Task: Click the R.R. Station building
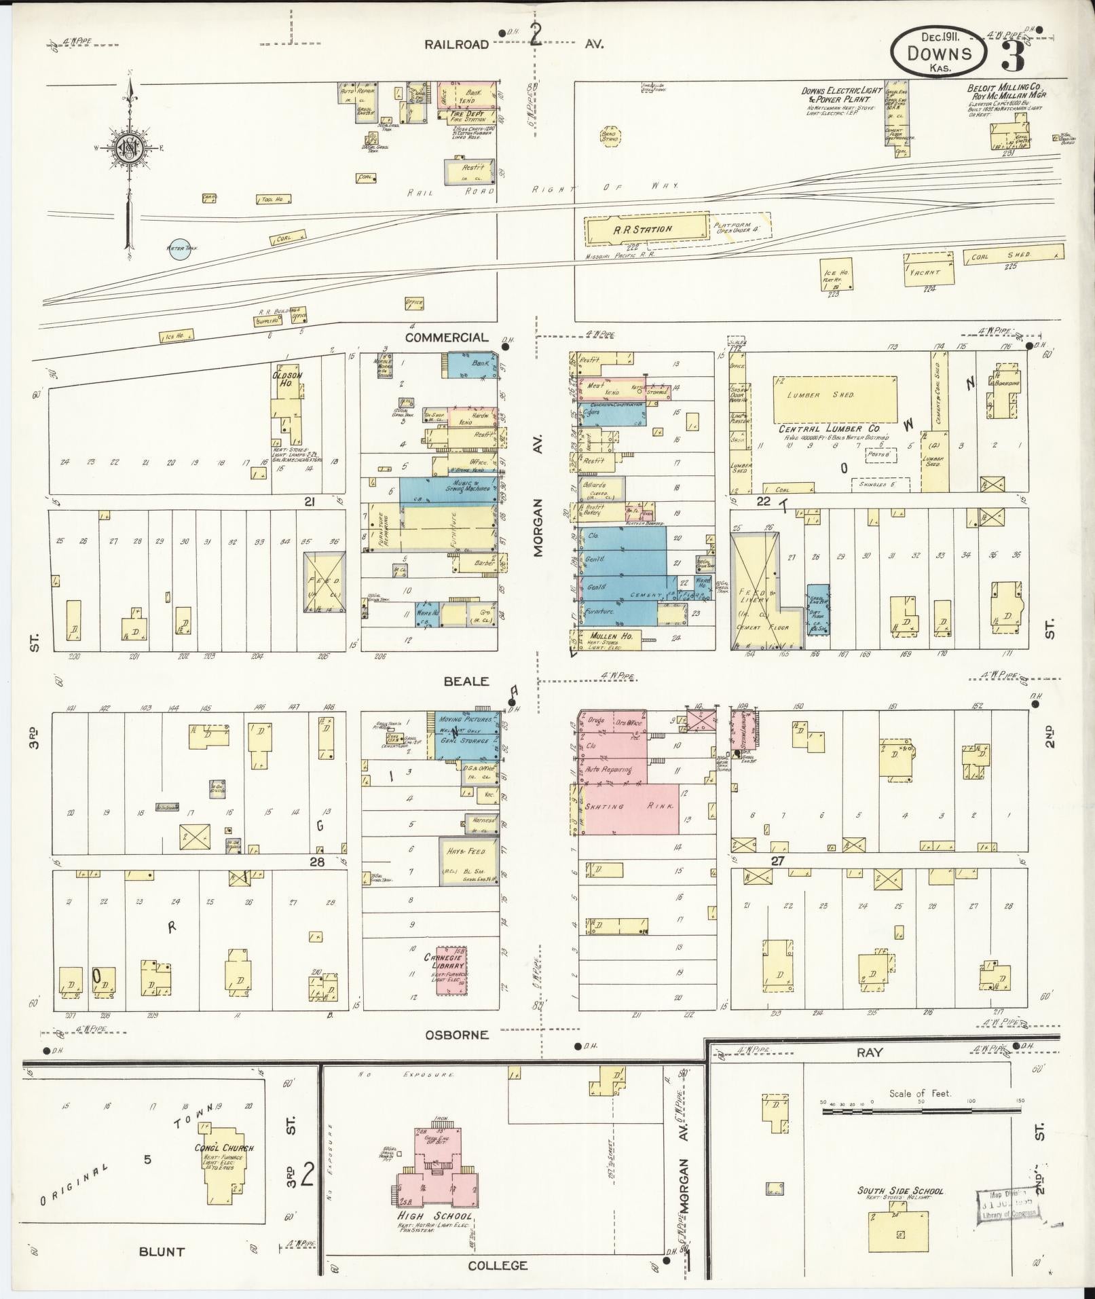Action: [645, 230]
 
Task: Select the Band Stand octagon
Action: [610, 135]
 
